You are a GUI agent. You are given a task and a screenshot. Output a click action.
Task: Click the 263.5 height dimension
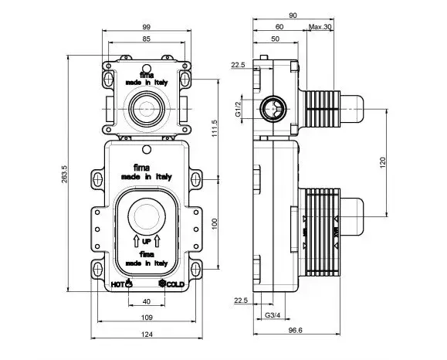(64, 174)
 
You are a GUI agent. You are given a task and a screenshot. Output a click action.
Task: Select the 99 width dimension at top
(146, 27)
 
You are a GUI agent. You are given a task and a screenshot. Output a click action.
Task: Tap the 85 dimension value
(146, 39)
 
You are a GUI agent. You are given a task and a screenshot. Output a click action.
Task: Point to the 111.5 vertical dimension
(215, 128)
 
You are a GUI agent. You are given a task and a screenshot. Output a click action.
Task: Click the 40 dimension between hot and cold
(146, 301)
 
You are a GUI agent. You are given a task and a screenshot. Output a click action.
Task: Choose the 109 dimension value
(147, 318)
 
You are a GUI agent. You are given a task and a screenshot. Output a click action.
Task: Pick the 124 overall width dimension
(147, 334)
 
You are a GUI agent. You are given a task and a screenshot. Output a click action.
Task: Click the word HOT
(117, 284)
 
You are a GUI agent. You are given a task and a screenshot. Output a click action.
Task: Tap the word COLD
(175, 284)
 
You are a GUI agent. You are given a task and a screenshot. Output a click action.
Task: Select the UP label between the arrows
(146, 242)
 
